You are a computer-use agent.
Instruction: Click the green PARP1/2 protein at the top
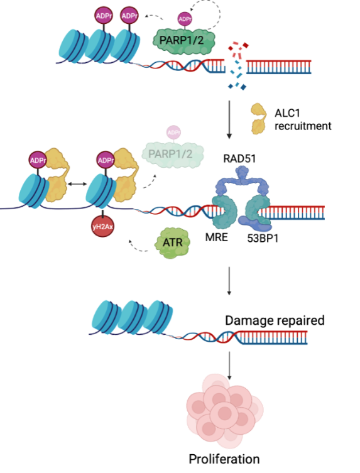pyautogui.click(x=184, y=40)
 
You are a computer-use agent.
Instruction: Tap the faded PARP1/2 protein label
pyautogui.click(x=170, y=154)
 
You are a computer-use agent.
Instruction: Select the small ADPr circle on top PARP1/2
pyautogui.click(x=185, y=19)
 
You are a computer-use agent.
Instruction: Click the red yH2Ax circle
pyautogui.click(x=102, y=227)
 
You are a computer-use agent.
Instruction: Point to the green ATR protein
pyautogui.click(x=172, y=242)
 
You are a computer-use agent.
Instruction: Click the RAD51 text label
pyautogui.click(x=239, y=158)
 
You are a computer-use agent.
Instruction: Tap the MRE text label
pyautogui.click(x=216, y=237)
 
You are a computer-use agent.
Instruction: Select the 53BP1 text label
pyautogui.click(x=263, y=238)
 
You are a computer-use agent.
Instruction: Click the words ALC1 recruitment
pyautogui.click(x=303, y=119)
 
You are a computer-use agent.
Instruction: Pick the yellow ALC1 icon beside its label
pyautogui.click(x=259, y=119)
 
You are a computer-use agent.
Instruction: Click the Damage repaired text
pyautogui.click(x=275, y=320)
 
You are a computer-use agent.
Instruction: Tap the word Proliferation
pyautogui.click(x=224, y=459)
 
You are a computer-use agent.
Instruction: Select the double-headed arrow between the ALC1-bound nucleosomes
pyautogui.click(x=77, y=183)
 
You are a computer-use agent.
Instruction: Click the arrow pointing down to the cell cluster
pyautogui.click(x=229, y=366)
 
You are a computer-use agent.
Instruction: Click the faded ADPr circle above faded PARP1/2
pyautogui.click(x=173, y=133)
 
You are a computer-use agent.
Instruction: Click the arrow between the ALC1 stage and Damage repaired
pyautogui.click(x=229, y=281)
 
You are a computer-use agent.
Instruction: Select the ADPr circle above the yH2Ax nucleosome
pyautogui.click(x=106, y=160)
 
